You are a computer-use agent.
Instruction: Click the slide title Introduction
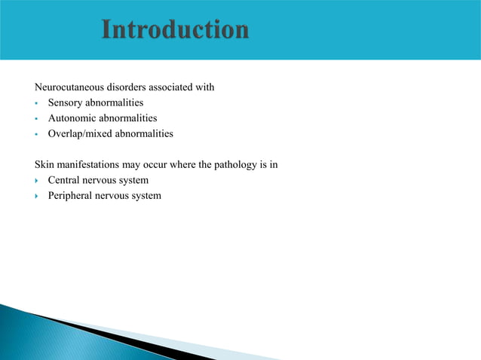175,30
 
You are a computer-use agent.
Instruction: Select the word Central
65,181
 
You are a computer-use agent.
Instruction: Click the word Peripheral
71,196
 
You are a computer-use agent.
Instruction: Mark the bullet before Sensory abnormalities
36,103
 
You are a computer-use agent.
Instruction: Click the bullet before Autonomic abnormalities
36,119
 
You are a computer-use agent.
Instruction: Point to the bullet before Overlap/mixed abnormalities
36,135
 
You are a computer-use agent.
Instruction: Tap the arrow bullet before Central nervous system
37,181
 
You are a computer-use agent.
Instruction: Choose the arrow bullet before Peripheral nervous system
37,197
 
